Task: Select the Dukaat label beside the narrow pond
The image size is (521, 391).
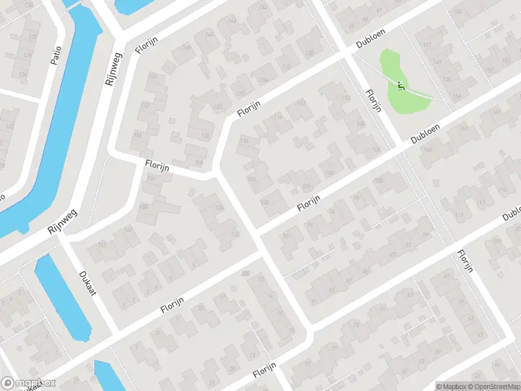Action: click(x=87, y=283)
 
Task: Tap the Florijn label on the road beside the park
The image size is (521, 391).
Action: click(x=373, y=101)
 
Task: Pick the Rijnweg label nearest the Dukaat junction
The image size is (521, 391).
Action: click(x=63, y=224)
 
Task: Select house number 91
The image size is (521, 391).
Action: click(x=315, y=300)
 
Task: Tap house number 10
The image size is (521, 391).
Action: click(x=201, y=308)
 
